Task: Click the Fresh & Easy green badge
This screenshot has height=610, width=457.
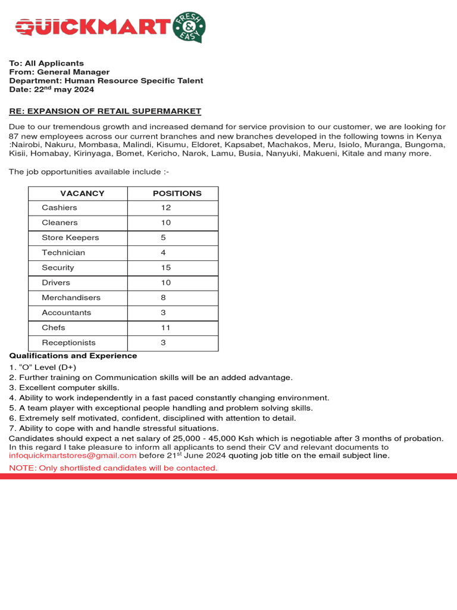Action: (189, 27)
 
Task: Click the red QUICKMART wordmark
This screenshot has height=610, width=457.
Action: (93, 27)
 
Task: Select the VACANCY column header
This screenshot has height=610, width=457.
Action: (82, 194)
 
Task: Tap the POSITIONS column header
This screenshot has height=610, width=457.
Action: (177, 194)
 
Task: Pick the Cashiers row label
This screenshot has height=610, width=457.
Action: (60, 208)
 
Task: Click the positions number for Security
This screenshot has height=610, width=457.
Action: (166, 268)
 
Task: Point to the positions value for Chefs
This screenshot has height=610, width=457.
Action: (165, 328)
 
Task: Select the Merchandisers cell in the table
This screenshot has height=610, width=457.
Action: (71, 298)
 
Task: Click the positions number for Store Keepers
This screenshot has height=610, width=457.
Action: (163, 238)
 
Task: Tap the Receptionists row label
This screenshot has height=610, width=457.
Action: (68, 343)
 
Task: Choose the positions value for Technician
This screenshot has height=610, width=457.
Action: (163, 253)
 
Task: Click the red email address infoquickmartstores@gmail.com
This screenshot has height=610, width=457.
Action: (73, 456)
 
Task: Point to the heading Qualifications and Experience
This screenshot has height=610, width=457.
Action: (73, 356)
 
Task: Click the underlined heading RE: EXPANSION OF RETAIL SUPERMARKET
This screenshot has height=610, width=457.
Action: (105, 111)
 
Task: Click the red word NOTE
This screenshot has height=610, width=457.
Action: (21, 468)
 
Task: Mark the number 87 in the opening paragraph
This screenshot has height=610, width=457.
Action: (14, 136)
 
